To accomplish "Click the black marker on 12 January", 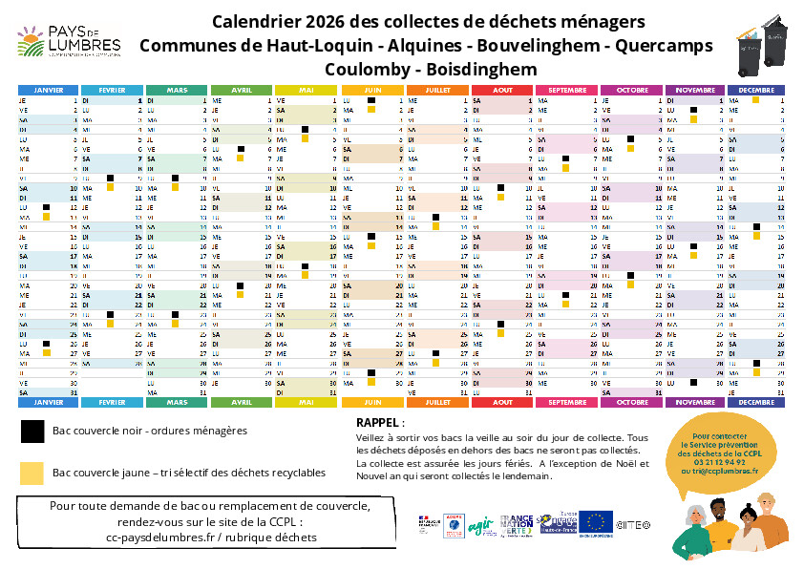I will point(46,207).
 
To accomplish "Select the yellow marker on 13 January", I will point(46,217).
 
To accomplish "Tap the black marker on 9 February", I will point(110,178).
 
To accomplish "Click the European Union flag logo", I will point(598,521).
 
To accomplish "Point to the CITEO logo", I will point(633,524).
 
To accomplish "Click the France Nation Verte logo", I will point(516,522).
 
